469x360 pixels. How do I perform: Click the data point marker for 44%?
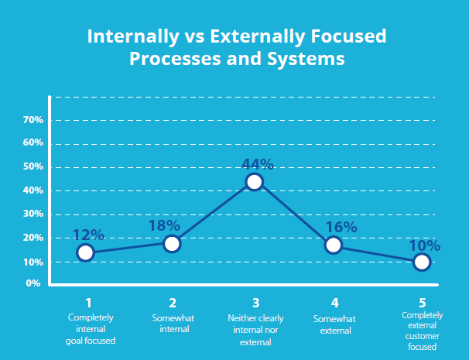click(254, 182)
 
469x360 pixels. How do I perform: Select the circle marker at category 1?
click(85, 252)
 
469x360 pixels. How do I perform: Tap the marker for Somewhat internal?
click(172, 244)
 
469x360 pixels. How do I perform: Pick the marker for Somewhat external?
click(334, 245)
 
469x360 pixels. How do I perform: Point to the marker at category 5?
click(422, 262)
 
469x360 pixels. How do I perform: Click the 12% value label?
click(87, 235)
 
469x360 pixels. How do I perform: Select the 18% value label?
click(165, 225)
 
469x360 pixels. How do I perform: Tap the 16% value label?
click(342, 227)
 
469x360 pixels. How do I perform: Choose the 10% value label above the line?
click(425, 246)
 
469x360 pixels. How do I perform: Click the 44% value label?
click(258, 164)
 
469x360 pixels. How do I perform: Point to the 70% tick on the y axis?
click(33, 120)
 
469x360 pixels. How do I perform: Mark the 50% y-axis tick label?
click(33, 167)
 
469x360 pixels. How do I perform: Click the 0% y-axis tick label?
click(34, 283)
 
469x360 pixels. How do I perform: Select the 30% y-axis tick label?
click(33, 214)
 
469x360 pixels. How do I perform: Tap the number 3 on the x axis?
click(255, 303)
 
